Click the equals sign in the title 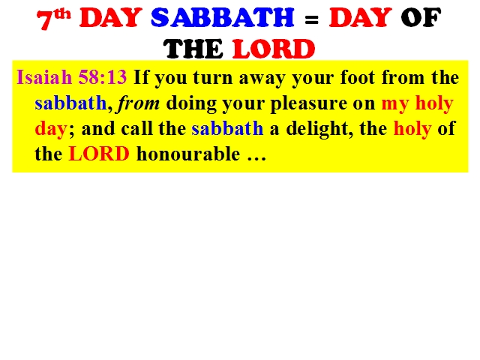tap(312, 19)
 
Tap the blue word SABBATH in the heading tap(223, 17)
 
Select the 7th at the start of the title tap(53, 19)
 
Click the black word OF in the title tap(421, 18)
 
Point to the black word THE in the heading tap(193, 49)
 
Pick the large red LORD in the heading tap(274, 49)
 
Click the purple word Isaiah tap(44, 76)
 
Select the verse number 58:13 tap(103, 76)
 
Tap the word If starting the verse tap(141, 76)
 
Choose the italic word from tap(138, 103)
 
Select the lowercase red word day tap(51, 129)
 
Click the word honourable tap(188, 153)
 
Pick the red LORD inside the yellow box tap(99, 154)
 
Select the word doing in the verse tap(190, 103)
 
